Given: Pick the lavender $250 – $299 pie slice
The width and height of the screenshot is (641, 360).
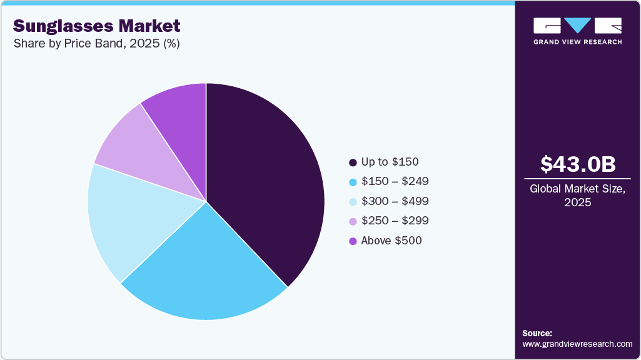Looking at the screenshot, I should pyautogui.click(x=141, y=150).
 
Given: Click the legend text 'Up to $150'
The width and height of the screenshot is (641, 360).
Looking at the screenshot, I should pyautogui.click(x=389, y=162).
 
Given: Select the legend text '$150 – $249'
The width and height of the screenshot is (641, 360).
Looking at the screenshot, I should pyautogui.click(x=395, y=182).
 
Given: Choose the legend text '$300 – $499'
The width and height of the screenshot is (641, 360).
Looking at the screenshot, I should pyautogui.click(x=395, y=201).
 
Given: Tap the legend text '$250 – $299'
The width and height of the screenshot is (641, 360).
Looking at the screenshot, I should pyautogui.click(x=395, y=221).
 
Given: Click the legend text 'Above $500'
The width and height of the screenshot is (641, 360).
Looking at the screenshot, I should pyautogui.click(x=391, y=241).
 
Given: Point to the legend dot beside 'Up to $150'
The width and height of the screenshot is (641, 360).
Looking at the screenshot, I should pyautogui.click(x=353, y=162).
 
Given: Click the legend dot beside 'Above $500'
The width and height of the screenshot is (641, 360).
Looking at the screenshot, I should pyautogui.click(x=353, y=241).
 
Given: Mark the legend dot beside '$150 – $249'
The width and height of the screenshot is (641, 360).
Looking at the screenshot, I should pyautogui.click(x=353, y=182).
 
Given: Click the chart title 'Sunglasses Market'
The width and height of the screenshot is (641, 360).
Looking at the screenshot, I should pyautogui.click(x=96, y=26).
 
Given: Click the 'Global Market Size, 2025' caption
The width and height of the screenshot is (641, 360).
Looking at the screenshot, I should pyautogui.click(x=578, y=196).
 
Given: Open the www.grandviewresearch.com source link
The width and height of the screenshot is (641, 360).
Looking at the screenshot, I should pyautogui.click(x=577, y=344).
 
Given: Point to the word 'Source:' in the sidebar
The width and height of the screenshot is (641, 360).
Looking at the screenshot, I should pyautogui.click(x=537, y=333).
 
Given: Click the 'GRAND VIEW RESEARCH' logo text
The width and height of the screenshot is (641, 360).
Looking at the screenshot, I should pyautogui.click(x=577, y=42).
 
